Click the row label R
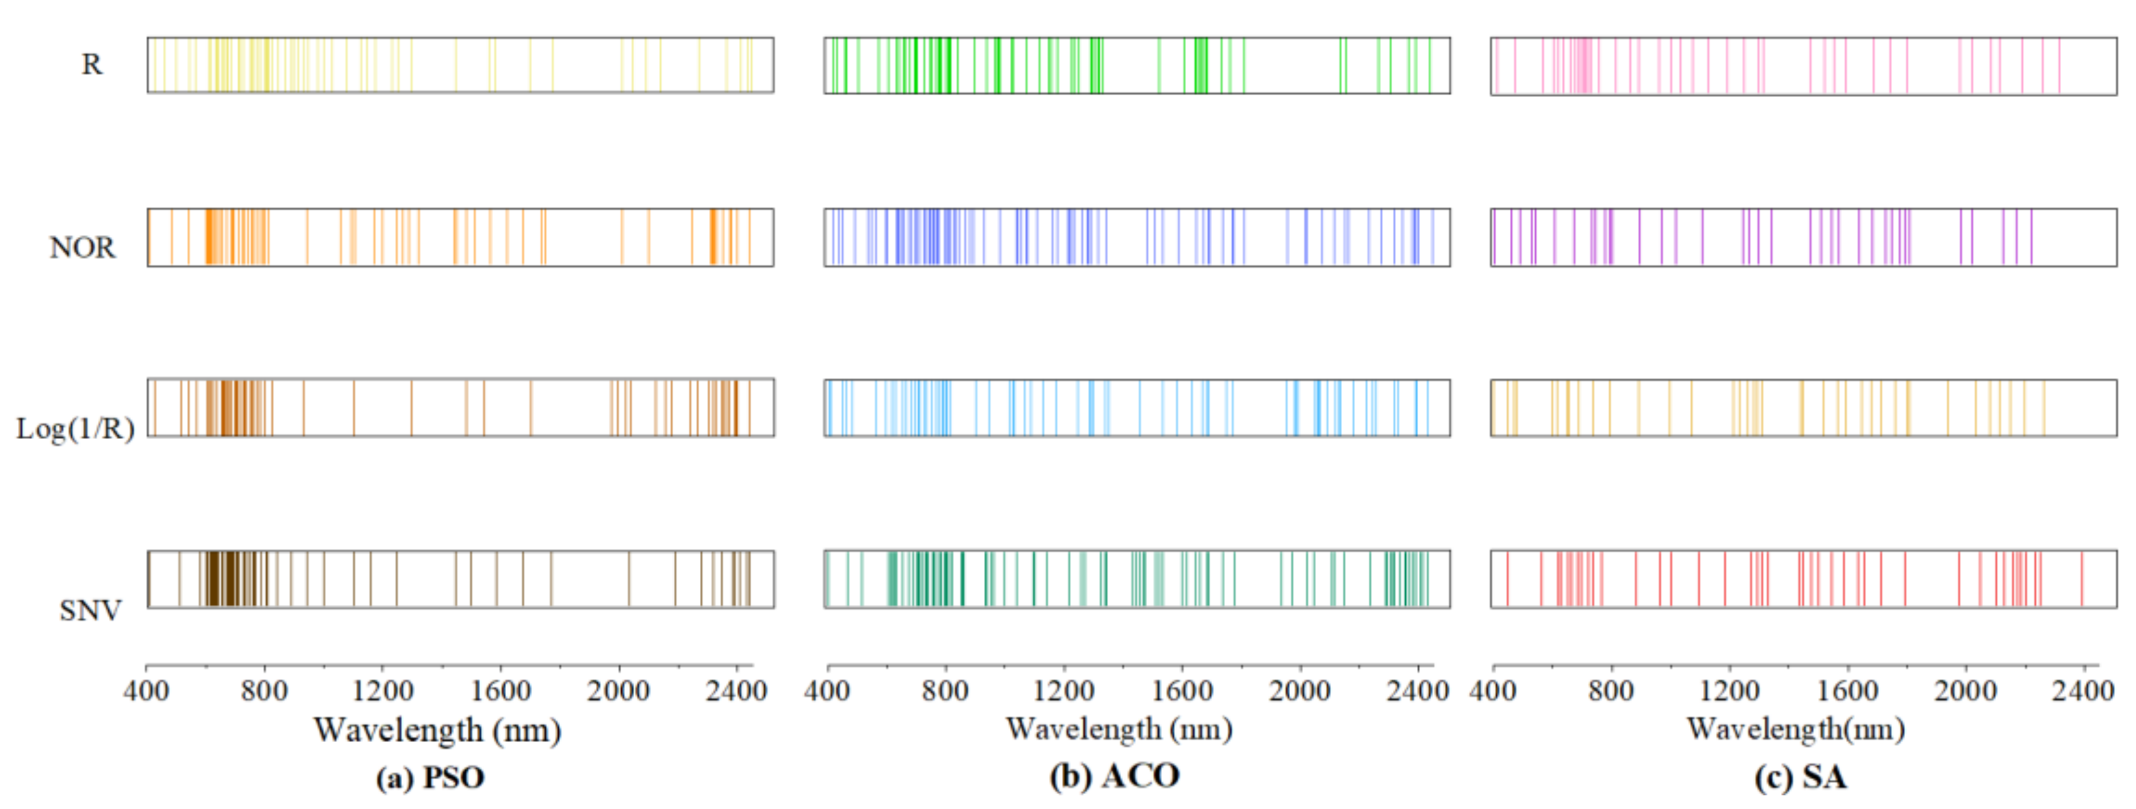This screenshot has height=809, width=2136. [x=91, y=65]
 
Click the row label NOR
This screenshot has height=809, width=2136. [x=82, y=247]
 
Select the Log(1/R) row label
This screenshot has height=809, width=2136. [x=75, y=429]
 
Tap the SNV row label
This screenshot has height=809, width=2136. [x=90, y=611]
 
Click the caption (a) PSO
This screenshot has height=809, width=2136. [x=429, y=777]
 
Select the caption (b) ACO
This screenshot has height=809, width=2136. [x=1114, y=776]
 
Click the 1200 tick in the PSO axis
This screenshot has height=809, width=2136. [x=382, y=690]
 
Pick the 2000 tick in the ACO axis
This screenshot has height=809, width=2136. [x=1299, y=690]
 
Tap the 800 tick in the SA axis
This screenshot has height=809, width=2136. [x=1610, y=690]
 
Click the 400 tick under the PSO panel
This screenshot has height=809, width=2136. [x=146, y=690]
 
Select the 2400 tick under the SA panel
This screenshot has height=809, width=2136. [x=2083, y=690]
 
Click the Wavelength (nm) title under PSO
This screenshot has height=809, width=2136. [x=437, y=730]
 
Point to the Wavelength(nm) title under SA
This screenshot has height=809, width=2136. [x=1796, y=729]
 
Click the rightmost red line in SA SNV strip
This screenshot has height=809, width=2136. [x=2082, y=578]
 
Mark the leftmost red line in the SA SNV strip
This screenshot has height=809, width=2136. [x=1507, y=578]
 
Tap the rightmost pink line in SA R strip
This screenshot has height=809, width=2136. [x=2059, y=66]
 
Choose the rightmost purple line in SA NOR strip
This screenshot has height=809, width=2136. [x=2031, y=237]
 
